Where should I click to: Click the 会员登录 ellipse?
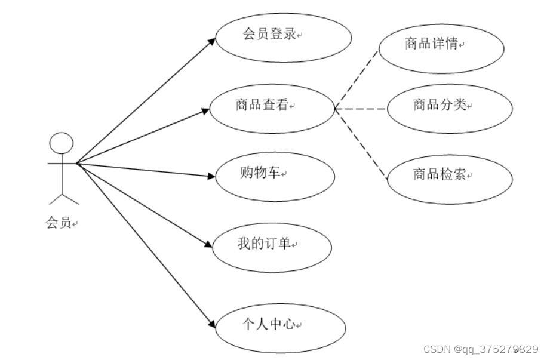(283, 37)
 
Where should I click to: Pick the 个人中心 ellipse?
(280, 327)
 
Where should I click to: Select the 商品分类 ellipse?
(450, 109)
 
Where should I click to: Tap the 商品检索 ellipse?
(450, 179)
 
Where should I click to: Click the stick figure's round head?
(61, 144)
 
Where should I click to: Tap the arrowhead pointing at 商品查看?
(205, 109)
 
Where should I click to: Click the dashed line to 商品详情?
(357, 78)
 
